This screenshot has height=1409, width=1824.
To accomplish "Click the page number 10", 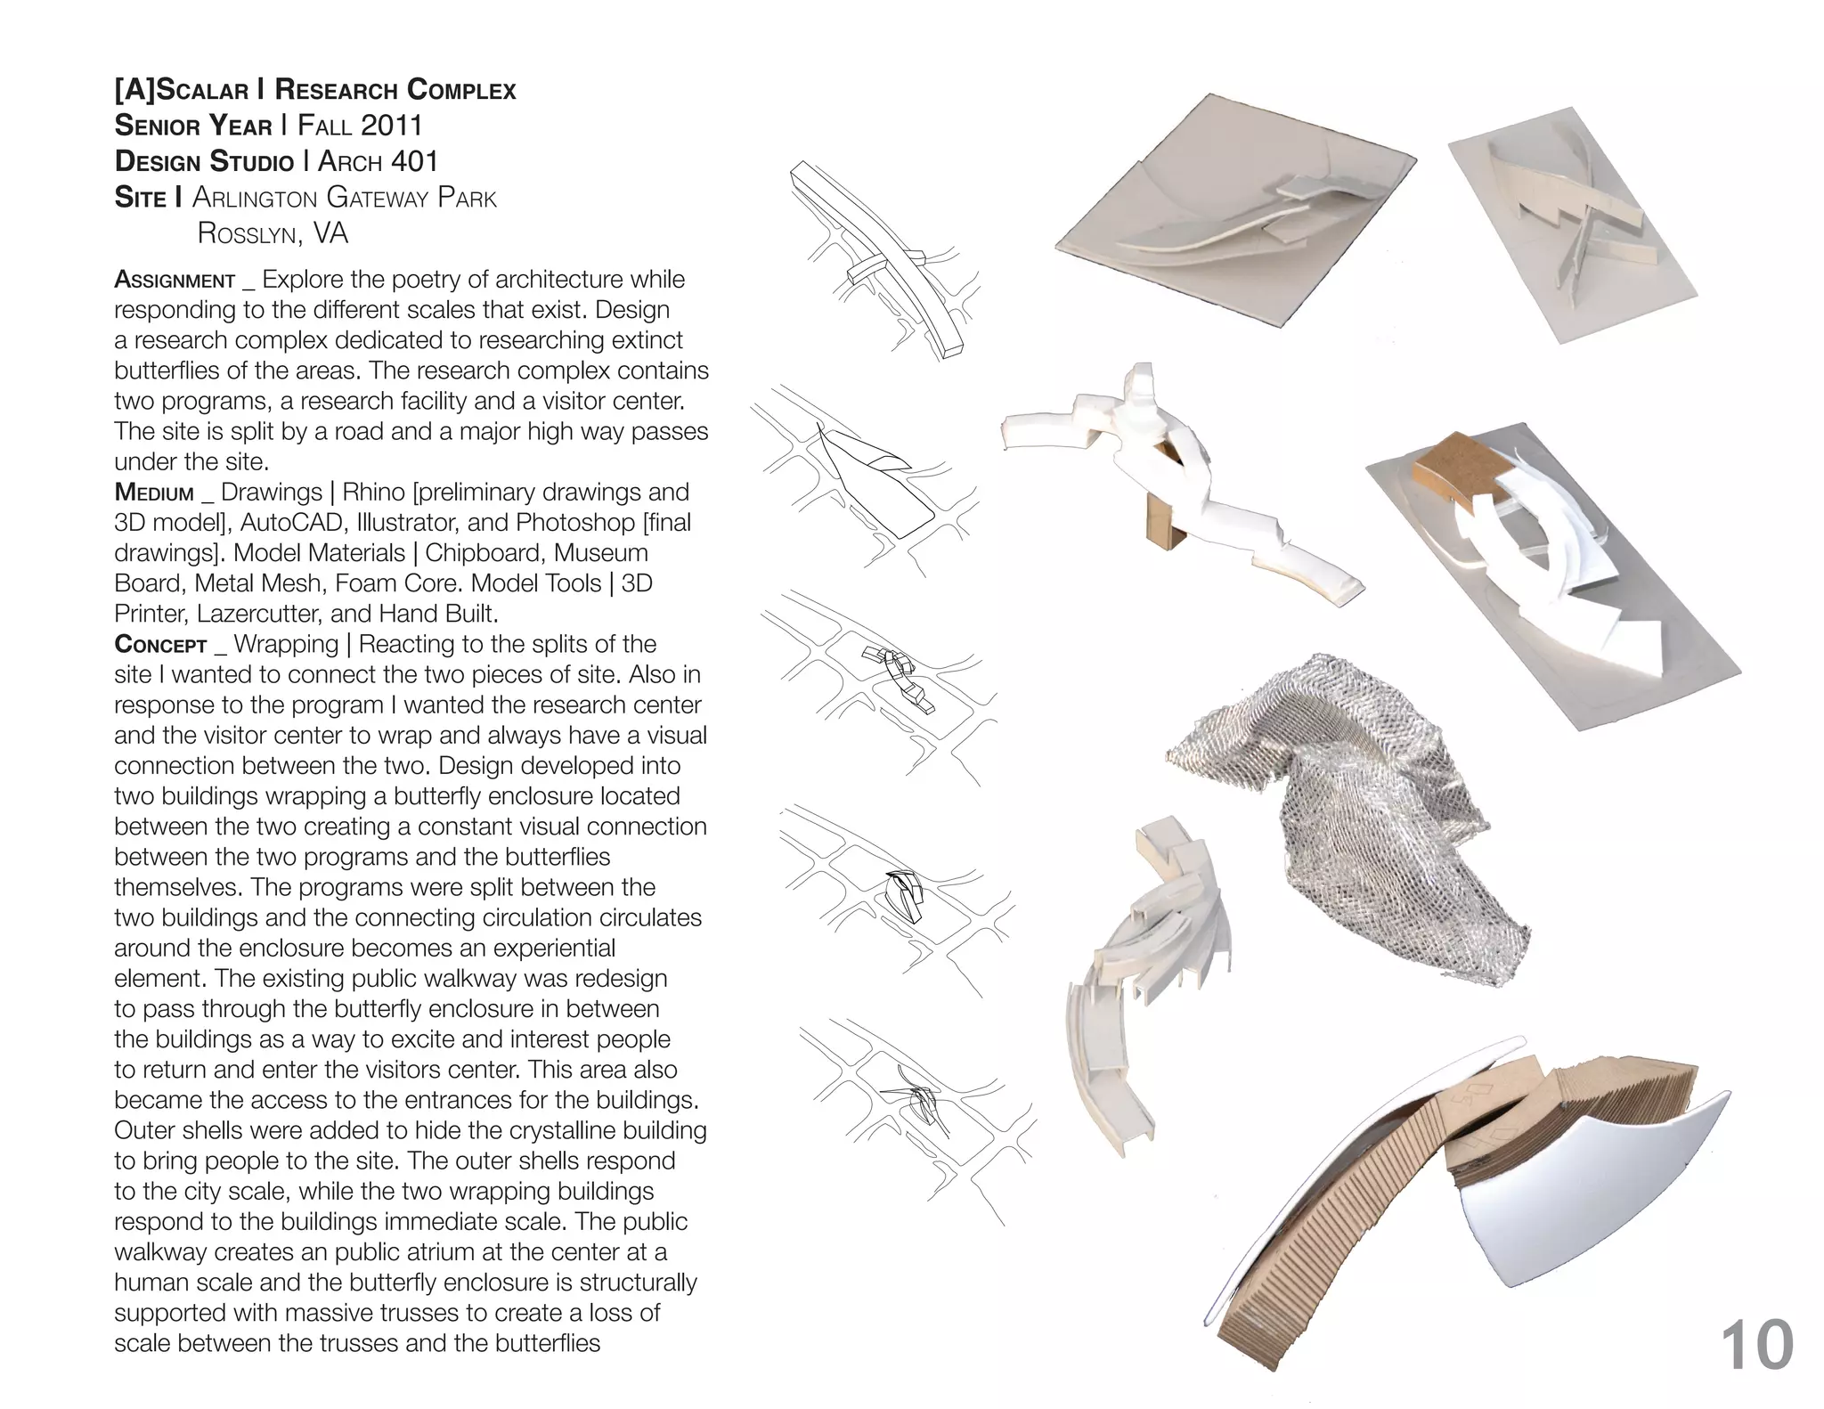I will click(x=1756, y=1346).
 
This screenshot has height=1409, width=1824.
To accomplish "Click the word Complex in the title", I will click(x=461, y=90).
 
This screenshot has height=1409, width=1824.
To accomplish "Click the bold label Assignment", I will click(x=175, y=280).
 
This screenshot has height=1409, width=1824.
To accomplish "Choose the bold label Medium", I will click(x=154, y=493).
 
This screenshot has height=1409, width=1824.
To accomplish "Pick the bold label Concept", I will click(x=160, y=644).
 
